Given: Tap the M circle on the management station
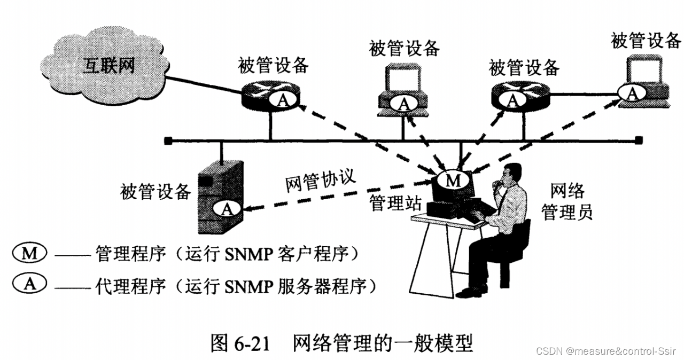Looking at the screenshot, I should (x=453, y=180).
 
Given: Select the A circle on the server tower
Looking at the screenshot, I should (x=227, y=209).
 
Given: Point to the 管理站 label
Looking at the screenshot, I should (x=395, y=202).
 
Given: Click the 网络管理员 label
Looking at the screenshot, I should (x=567, y=202).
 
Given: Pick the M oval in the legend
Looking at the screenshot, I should (x=30, y=253).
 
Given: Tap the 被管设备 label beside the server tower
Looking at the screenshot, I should (x=156, y=191).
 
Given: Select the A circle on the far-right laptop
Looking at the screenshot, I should (x=633, y=93).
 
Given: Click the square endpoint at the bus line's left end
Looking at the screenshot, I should (x=167, y=141).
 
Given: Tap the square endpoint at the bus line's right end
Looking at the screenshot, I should (x=639, y=141).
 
